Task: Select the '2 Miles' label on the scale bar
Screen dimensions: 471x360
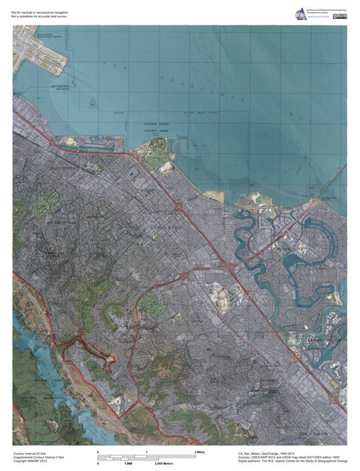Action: (199, 453)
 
